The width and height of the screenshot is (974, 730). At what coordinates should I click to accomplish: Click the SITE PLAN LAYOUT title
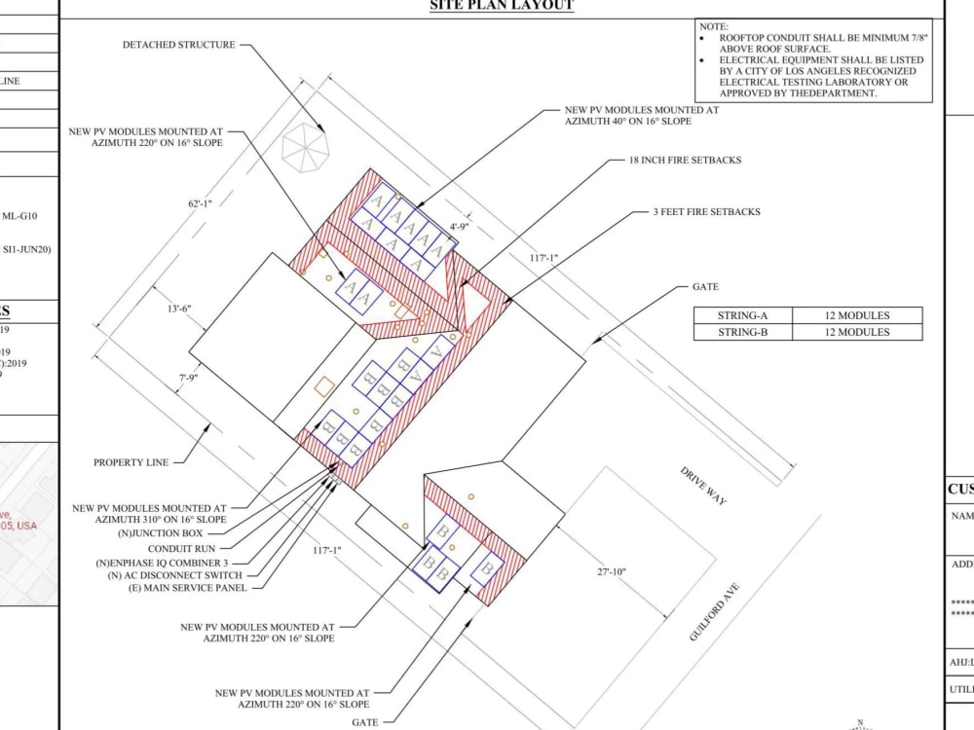tap(502, 6)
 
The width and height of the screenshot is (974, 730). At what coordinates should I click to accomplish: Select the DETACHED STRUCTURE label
tap(178, 45)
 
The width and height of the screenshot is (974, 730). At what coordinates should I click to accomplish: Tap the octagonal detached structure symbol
tap(306, 148)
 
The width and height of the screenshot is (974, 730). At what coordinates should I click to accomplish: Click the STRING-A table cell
tap(742, 315)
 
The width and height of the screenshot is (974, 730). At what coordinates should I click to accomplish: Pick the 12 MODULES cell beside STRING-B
tap(857, 332)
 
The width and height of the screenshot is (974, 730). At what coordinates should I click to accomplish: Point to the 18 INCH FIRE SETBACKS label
tap(685, 161)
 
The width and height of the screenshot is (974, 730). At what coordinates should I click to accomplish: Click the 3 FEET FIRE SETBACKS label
tap(706, 211)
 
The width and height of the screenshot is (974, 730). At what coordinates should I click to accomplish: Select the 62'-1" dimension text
tap(201, 204)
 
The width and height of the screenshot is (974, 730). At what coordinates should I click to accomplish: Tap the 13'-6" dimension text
tap(179, 309)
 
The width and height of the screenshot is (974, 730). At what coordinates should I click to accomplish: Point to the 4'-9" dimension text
tap(460, 227)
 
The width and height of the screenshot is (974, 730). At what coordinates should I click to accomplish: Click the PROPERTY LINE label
tap(131, 462)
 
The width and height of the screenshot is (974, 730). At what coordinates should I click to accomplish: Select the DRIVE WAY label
tap(703, 486)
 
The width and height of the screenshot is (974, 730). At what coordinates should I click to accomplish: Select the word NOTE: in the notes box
tap(714, 26)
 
